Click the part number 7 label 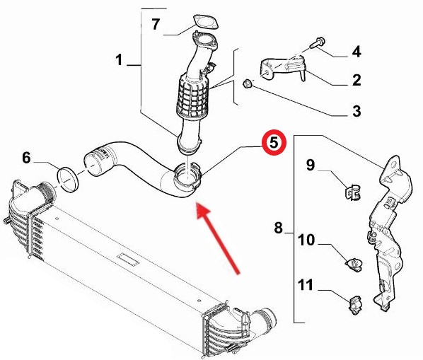coord(156,24)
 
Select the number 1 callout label coord(119,60)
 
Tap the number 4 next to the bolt coord(357,52)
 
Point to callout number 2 coord(357,80)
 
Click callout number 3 coord(357,111)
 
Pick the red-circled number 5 coord(274,143)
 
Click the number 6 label coord(26,158)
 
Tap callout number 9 coord(311,165)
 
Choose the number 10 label coord(306,240)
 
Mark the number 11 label coord(306,285)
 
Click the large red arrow coord(219,238)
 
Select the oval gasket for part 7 coord(206,22)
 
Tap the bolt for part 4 coord(318,43)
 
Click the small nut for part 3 coord(247,83)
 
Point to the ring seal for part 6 coord(68,180)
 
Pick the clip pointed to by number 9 coord(352,192)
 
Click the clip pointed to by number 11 coord(356,305)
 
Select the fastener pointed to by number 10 coord(354,264)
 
